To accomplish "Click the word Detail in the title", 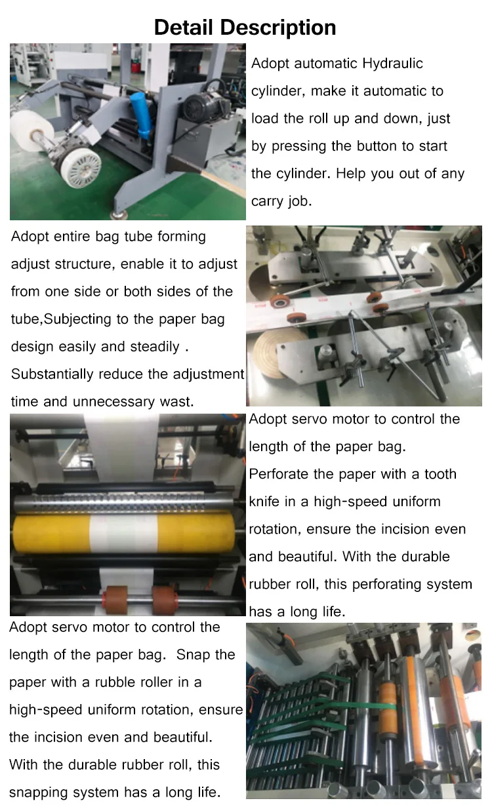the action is click(x=184, y=28).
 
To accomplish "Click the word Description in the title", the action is click(x=278, y=28).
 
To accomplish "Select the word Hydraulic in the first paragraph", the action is click(x=392, y=64).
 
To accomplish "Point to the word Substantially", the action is click(x=52, y=374).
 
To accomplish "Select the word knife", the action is click(x=264, y=501).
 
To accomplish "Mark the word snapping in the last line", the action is click(x=35, y=793).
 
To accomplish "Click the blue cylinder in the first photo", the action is click(x=140, y=114).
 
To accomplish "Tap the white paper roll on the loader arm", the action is click(x=31, y=132).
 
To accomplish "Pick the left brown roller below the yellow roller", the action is click(x=115, y=600).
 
